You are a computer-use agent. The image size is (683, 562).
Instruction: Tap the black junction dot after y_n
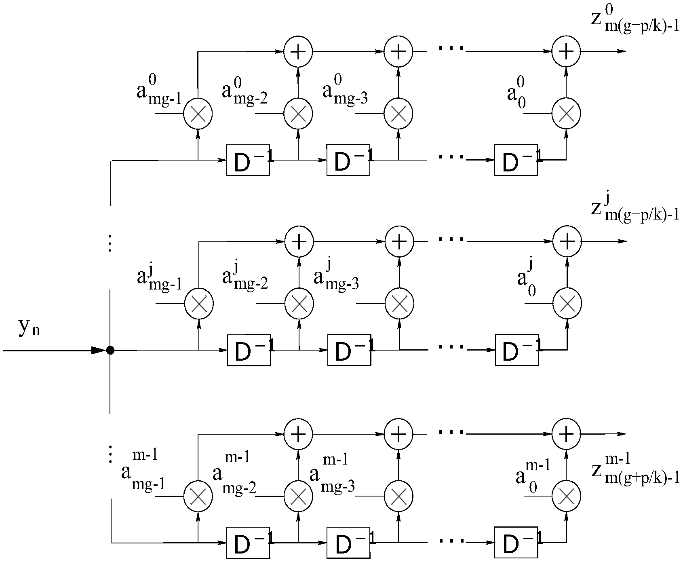point(110,350)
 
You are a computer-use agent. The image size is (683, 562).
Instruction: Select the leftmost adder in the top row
point(298,52)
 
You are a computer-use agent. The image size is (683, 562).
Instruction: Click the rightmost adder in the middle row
point(567,241)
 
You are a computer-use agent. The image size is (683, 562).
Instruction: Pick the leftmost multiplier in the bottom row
point(198,496)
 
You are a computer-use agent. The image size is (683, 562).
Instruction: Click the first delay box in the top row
point(248,160)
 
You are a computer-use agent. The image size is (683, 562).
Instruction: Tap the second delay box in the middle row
point(349,350)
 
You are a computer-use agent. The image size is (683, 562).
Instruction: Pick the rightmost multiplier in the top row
point(566,114)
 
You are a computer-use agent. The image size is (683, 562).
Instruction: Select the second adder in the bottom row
point(398,434)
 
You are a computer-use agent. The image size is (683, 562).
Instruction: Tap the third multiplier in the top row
point(398,114)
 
